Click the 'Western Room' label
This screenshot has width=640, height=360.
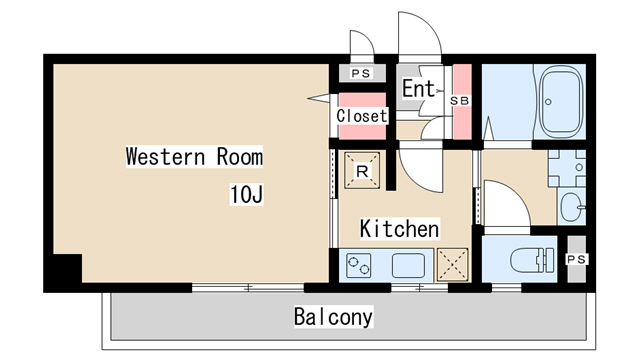(194, 157)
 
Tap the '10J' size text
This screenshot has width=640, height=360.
(246, 193)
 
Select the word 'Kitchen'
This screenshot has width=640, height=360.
(399, 229)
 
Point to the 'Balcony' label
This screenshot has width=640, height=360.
(333, 317)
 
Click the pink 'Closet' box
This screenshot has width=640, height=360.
(361, 115)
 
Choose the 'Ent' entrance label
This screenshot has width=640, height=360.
(418, 89)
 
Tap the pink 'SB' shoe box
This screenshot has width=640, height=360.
(461, 100)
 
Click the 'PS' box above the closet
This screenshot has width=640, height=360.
(359, 74)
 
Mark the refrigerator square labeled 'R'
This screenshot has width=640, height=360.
(360, 170)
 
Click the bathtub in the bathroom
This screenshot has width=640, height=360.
(560, 102)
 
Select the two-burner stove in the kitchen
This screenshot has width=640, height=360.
(359, 265)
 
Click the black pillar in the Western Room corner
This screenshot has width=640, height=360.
(66, 268)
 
